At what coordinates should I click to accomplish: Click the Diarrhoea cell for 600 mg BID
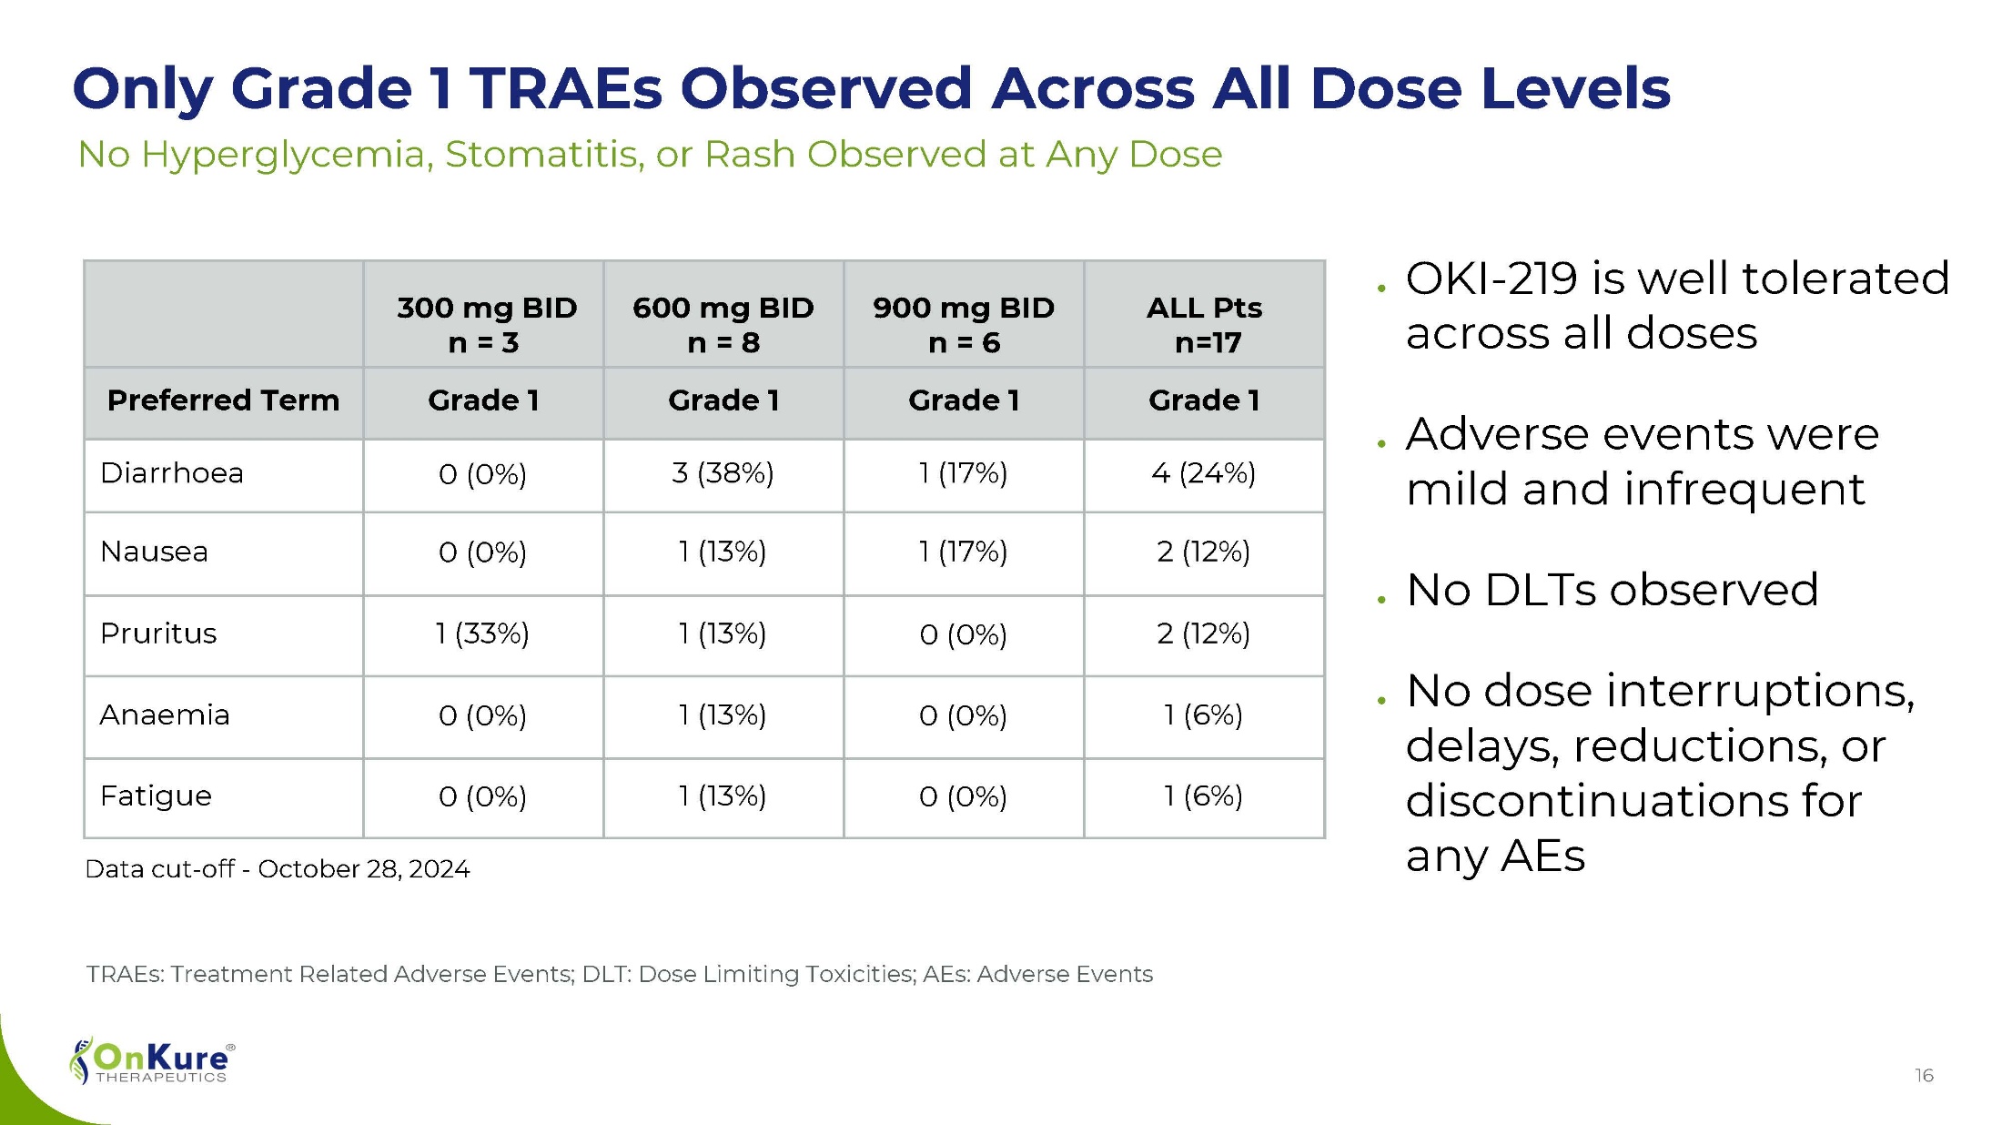pyautogui.click(x=723, y=473)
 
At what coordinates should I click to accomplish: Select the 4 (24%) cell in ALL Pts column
pyautogui.click(x=1203, y=473)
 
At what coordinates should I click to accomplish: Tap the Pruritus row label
pyautogui.click(x=158, y=633)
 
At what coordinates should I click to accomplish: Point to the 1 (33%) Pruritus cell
pyautogui.click(x=482, y=633)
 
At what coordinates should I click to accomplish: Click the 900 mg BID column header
pyautogui.click(x=964, y=324)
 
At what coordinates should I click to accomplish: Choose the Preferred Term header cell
pyautogui.click(x=223, y=400)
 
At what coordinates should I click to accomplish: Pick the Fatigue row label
pyautogui.click(x=156, y=796)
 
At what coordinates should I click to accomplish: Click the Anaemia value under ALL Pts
pyautogui.click(x=1203, y=715)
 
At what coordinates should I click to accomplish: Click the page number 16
pyautogui.click(x=1924, y=1076)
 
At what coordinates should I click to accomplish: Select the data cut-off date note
pyautogui.click(x=277, y=869)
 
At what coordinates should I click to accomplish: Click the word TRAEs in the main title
pyautogui.click(x=566, y=89)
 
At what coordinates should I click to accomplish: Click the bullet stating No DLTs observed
pyautogui.click(x=1612, y=590)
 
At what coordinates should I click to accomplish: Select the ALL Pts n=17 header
pyautogui.click(x=1204, y=324)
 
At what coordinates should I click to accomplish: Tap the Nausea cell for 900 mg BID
pyautogui.click(x=963, y=552)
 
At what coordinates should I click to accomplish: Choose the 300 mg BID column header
pyautogui.click(x=486, y=324)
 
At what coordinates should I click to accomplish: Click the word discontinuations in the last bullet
pyautogui.click(x=1633, y=801)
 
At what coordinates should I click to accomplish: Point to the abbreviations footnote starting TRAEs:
pyautogui.click(x=619, y=974)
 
